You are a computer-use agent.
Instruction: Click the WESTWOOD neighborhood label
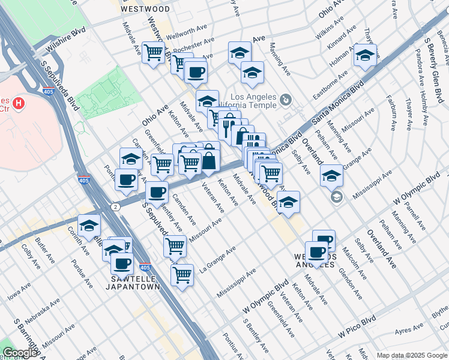[x=145, y=9]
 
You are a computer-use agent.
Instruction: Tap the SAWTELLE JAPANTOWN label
[x=136, y=283]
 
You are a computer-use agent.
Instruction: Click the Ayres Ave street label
[x=410, y=330]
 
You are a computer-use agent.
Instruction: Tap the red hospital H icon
[x=20, y=103]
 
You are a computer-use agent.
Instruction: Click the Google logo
[x=19, y=353]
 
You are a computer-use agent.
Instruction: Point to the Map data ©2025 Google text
[x=411, y=355]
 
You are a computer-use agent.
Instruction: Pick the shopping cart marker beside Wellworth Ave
[x=154, y=52]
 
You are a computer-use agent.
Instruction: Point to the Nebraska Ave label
[x=43, y=311]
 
